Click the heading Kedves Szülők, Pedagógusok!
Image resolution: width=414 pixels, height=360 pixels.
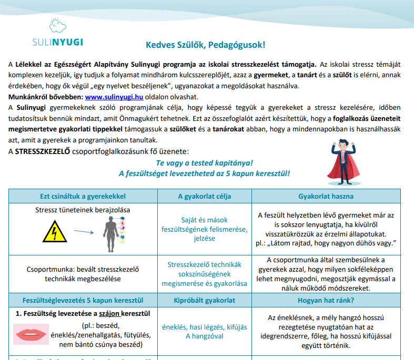pyautogui.click(x=205, y=45)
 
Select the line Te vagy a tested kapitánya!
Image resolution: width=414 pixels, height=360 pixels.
pyautogui.click(x=204, y=163)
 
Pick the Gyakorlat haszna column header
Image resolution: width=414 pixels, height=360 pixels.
pyautogui.click(x=326, y=196)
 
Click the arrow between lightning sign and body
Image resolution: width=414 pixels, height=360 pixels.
pyautogui.click(x=83, y=231)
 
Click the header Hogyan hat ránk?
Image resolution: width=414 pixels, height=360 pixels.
pyautogui.click(x=326, y=301)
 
